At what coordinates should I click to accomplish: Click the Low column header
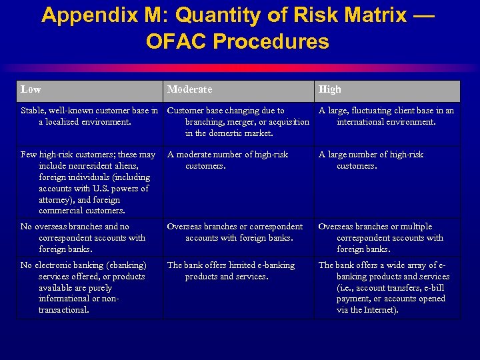coord(31,89)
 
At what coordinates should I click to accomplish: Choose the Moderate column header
coord(189,89)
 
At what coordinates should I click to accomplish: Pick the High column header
coord(329,89)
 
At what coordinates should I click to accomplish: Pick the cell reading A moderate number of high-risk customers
coord(227,160)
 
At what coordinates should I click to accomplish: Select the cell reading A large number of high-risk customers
coord(371,160)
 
